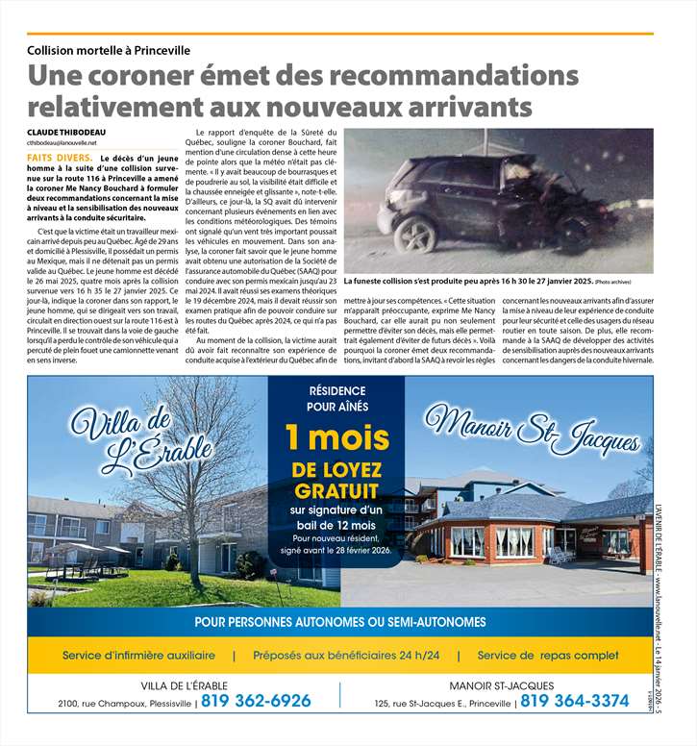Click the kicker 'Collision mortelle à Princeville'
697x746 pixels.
point(109,49)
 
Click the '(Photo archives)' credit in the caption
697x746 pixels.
point(612,281)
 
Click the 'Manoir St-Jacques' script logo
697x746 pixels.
point(532,431)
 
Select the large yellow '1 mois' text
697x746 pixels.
point(337,438)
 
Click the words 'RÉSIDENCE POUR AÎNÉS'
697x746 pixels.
point(336,399)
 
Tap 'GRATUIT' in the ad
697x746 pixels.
point(337,490)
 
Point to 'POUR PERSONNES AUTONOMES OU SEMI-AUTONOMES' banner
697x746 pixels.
point(339,622)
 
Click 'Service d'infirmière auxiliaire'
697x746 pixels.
point(139,656)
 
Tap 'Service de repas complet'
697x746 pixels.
point(548,656)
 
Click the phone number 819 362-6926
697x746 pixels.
point(256,702)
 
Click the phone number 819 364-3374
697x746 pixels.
point(575,702)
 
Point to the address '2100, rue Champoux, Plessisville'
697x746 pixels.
point(126,703)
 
